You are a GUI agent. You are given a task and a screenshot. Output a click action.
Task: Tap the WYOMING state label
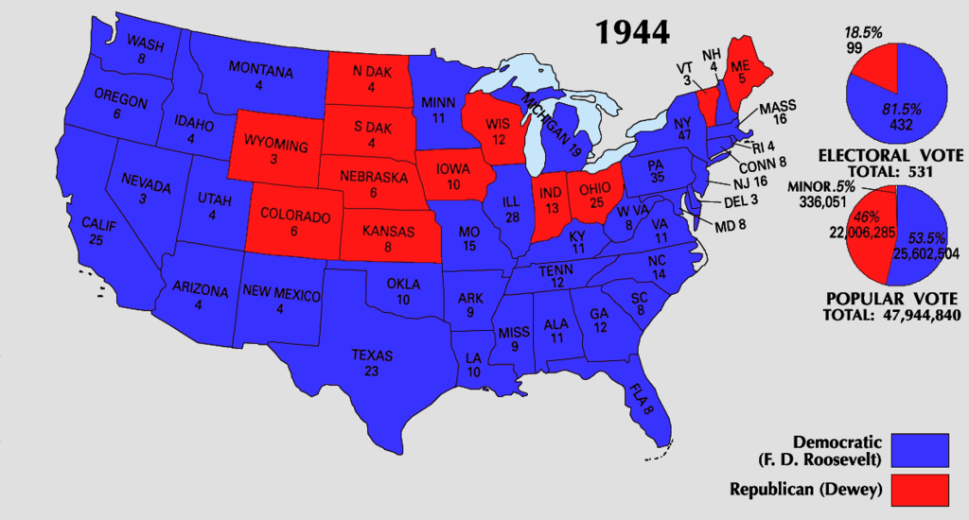[x=275, y=146]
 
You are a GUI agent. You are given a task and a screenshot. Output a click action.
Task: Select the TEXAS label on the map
[x=372, y=355]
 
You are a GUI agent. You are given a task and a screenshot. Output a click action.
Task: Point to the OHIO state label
[x=597, y=177]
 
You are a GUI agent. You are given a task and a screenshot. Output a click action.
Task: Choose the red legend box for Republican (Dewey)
[x=920, y=488]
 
